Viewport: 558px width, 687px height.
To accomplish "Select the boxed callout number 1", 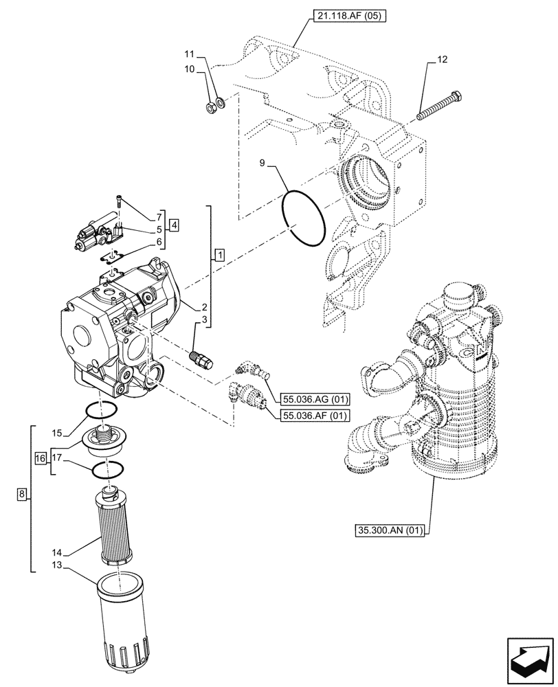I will coord(219,256).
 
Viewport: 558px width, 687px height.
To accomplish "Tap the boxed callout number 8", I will coord(22,494).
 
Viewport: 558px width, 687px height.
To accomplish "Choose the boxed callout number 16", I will coord(41,458).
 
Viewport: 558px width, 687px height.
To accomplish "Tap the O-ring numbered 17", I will coord(107,471).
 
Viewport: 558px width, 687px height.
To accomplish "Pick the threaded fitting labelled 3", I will coord(201,358).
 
